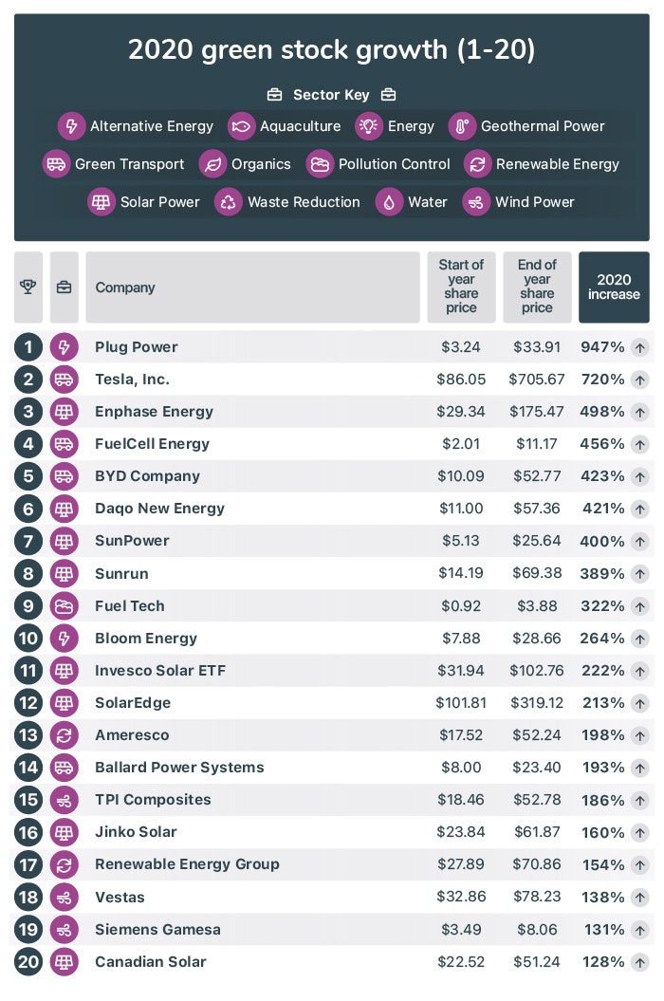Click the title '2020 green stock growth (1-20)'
pos(331,50)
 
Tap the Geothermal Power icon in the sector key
pos(462,125)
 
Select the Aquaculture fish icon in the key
pos(242,125)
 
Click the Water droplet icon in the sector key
pos(390,201)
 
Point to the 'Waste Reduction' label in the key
pos(304,201)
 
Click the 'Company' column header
pos(125,287)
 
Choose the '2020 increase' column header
pos(614,287)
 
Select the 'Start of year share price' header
pos(461,287)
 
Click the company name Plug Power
pos(137,347)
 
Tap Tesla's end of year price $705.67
pos(537,380)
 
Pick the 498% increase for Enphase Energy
pos(602,412)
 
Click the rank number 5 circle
pos(28,476)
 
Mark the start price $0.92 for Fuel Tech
pos(461,605)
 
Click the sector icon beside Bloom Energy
pos(65,638)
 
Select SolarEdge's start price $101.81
pos(461,703)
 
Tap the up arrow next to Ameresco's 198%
pos(640,735)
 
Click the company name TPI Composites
pos(153,800)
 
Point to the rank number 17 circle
pos(28,864)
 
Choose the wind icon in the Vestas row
pos(65,897)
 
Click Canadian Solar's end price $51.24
pos(537,961)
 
